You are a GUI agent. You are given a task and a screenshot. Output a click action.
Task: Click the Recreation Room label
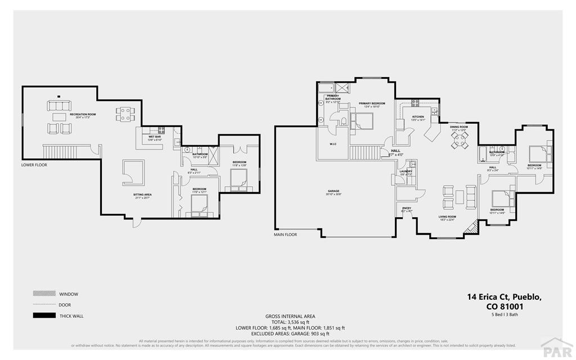82,115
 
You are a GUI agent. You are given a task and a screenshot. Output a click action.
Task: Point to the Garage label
334,191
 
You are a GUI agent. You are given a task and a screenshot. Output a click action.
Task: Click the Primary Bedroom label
372,103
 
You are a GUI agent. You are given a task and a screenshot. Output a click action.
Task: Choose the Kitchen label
417,117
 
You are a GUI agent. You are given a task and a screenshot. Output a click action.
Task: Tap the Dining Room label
459,127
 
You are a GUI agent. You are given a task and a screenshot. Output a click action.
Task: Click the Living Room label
447,217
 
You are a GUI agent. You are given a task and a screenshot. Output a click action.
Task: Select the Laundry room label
406,172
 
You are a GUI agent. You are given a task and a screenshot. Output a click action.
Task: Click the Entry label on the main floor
407,208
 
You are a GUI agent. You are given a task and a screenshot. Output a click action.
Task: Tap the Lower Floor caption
34,165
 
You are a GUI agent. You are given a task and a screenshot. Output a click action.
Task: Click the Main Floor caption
285,234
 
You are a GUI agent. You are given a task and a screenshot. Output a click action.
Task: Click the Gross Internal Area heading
290,317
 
